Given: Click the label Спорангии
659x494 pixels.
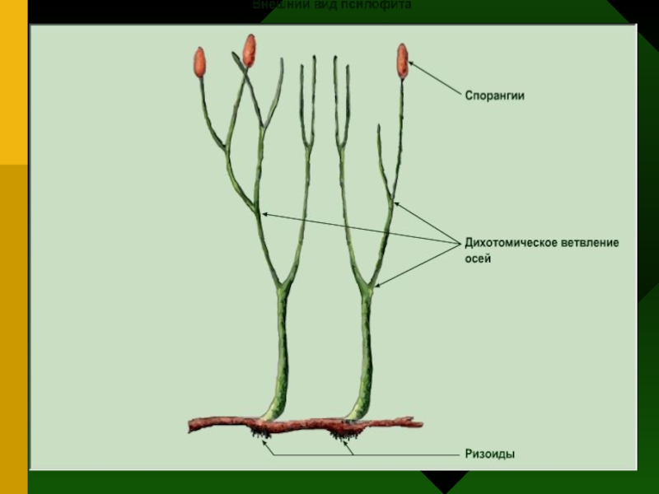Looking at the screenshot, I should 492,96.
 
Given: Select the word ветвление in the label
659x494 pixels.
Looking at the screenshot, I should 590,243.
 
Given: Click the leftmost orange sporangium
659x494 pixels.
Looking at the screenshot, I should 199,63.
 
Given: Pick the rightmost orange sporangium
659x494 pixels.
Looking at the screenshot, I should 403,60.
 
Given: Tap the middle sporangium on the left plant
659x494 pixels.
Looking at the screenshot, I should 249,50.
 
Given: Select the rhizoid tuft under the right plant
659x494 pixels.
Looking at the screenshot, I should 340,433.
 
